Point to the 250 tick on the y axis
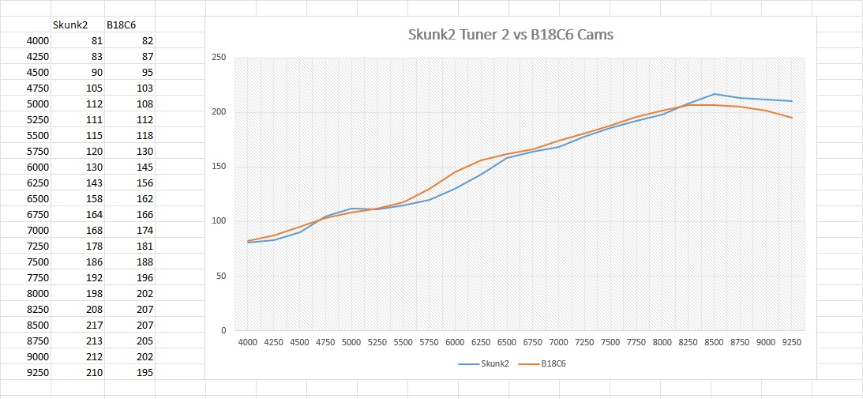(x=219, y=58)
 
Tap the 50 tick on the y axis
(x=221, y=277)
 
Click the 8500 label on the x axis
(x=714, y=342)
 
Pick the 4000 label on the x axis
(x=248, y=342)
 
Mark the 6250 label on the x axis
(x=481, y=342)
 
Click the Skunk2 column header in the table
(x=69, y=24)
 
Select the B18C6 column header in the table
(x=121, y=24)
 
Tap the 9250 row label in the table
(x=37, y=372)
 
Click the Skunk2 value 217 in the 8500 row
(x=93, y=325)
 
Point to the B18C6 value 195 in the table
(x=144, y=372)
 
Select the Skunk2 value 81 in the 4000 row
(x=96, y=40)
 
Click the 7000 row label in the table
(x=37, y=230)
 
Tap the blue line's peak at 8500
(x=714, y=94)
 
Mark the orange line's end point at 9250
(x=792, y=118)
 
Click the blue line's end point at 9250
(x=792, y=101)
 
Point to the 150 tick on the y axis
(x=219, y=167)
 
